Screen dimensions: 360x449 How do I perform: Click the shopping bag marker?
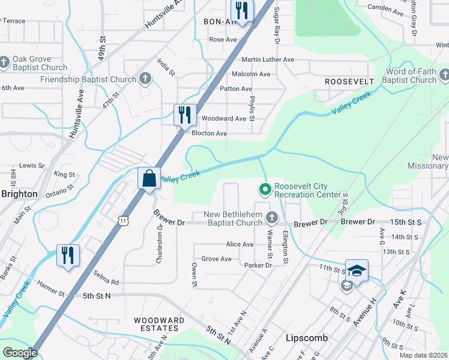(x=149, y=178)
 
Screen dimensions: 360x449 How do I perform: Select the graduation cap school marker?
(x=357, y=270)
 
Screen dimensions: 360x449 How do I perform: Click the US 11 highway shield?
(x=123, y=221)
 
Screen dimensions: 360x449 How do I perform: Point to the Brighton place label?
(x=19, y=194)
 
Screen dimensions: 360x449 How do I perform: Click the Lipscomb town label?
(x=307, y=338)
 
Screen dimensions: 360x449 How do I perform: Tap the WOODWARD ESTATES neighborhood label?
(x=159, y=325)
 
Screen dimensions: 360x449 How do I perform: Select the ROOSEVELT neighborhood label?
(x=349, y=81)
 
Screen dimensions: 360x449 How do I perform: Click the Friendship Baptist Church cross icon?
(x=145, y=78)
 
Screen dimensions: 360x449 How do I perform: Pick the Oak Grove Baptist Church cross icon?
(x=5, y=62)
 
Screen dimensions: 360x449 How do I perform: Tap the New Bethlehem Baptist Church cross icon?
(x=272, y=217)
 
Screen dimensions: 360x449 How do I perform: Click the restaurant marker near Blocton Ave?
(x=185, y=114)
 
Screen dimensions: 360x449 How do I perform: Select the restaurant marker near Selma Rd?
(x=68, y=254)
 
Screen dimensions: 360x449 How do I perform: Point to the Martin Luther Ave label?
(x=268, y=59)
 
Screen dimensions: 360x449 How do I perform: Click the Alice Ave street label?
(x=240, y=244)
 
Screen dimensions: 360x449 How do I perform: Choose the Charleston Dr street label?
(x=160, y=244)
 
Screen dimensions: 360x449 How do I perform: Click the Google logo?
(x=20, y=353)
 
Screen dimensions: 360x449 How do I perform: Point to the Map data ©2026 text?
(x=423, y=355)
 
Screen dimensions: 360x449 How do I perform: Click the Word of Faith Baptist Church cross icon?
(x=444, y=76)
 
